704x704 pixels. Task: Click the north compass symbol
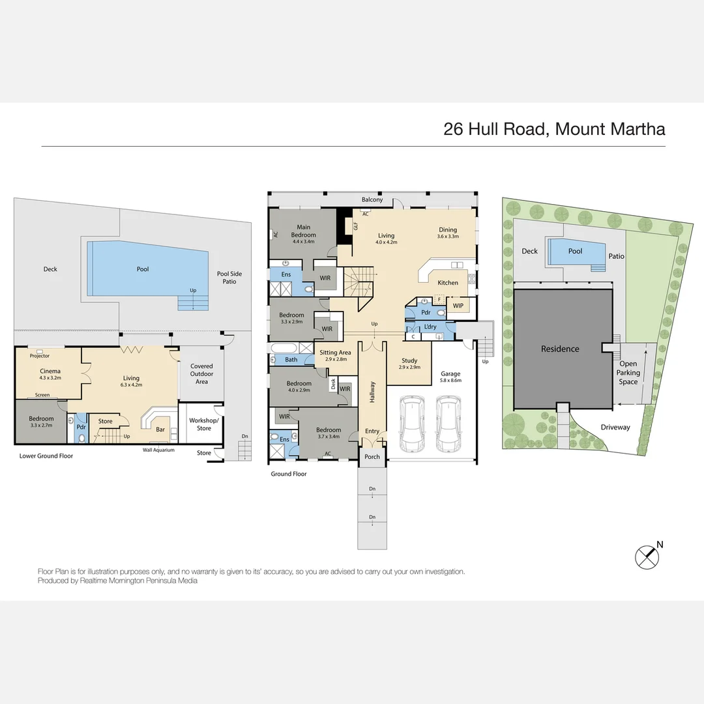[x=648, y=556]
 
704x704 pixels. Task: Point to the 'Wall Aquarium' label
[x=158, y=450]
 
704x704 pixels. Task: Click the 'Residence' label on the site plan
[x=560, y=349]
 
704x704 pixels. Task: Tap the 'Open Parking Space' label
[x=628, y=373]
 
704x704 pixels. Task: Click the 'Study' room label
[x=409, y=360]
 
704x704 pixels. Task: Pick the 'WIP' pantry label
[x=458, y=306]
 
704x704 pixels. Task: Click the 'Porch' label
[x=372, y=457]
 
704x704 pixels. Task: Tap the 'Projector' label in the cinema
[x=39, y=356]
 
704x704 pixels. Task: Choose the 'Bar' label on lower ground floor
[x=160, y=430]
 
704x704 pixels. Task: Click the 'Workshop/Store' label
[x=201, y=424]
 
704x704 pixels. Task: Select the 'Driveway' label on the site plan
[x=615, y=428]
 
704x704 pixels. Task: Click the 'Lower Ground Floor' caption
[x=46, y=456]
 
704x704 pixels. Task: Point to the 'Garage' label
[x=450, y=374]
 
